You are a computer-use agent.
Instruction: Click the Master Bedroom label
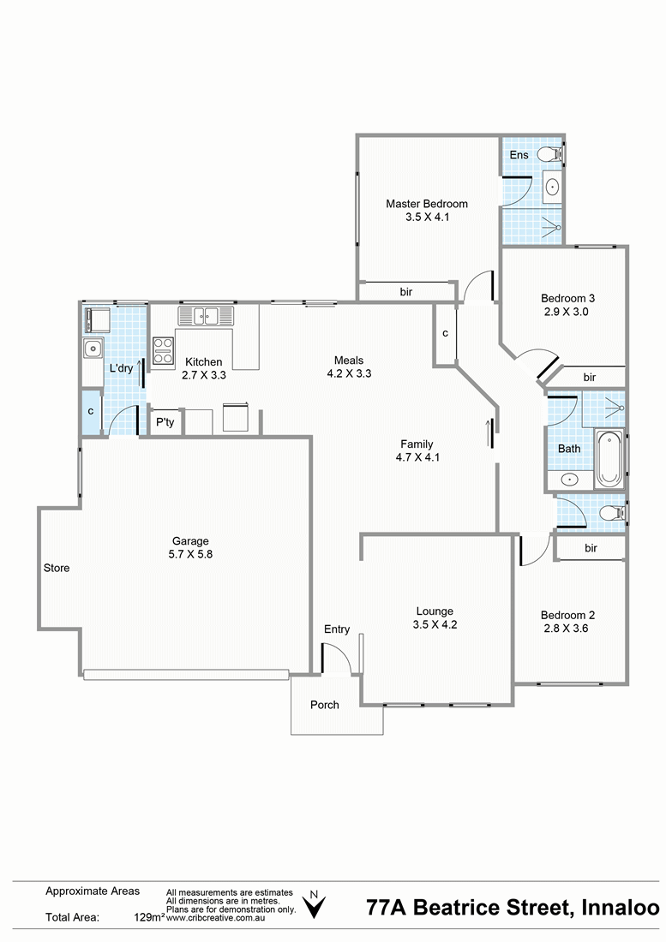[x=427, y=204]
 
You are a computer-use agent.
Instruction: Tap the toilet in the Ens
[x=550, y=154]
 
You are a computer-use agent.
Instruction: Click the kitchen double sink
[x=205, y=315]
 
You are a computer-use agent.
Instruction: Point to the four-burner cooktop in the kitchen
[x=164, y=350]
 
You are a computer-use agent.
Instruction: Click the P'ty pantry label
[x=165, y=421]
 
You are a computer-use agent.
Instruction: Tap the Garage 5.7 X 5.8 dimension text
[x=190, y=554]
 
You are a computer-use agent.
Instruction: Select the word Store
[x=57, y=568]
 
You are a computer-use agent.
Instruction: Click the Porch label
[x=325, y=705]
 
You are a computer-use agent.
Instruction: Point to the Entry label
[x=337, y=629]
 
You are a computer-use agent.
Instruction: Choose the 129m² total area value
[x=149, y=917]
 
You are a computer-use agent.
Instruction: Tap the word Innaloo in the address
[x=621, y=907]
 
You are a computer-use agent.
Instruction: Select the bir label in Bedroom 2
[x=591, y=548]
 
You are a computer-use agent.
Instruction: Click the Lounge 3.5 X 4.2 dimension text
[x=435, y=624]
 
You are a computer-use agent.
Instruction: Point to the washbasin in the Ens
[x=552, y=186]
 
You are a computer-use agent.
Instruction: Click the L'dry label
[x=121, y=367]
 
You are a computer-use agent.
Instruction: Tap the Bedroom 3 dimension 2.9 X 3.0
[x=567, y=311]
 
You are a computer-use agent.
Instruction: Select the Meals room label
[x=349, y=360]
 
